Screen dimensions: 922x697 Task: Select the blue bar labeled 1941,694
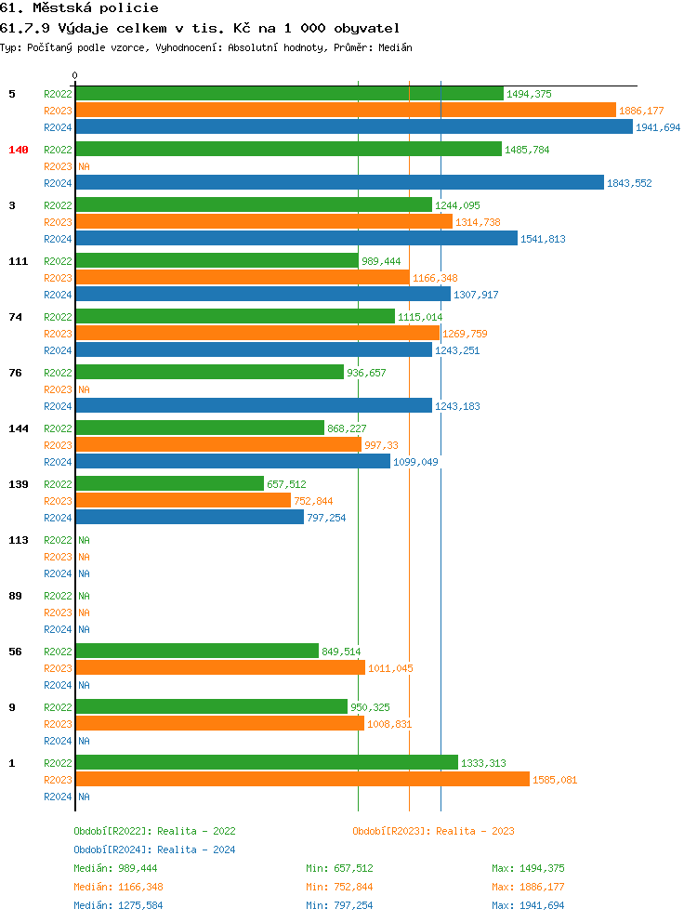coord(354,127)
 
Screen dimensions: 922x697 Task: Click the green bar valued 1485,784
coord(288,150)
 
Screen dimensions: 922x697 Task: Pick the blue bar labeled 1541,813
coord(296,239)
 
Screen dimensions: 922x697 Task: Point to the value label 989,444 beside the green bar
coord(381,261)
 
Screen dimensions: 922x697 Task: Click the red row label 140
coord(19,150)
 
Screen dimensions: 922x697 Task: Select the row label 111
coord(19,261)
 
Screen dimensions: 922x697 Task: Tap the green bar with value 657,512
coord(169,484)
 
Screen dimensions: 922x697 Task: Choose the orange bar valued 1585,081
coord(302,780)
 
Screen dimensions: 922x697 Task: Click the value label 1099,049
coord(415,462)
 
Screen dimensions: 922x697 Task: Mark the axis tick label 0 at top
coord(75,76)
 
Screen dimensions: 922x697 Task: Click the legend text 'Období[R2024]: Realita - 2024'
coord(154,850)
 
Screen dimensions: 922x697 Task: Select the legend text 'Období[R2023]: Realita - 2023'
coord(433,831)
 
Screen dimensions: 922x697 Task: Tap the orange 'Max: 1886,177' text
coord(528,887)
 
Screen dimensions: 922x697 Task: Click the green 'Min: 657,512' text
coord(339,868)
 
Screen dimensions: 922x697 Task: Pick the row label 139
coord(19,484)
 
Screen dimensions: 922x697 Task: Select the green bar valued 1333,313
coord(267,763)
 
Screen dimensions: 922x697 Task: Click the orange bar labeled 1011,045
coord(220,668)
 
